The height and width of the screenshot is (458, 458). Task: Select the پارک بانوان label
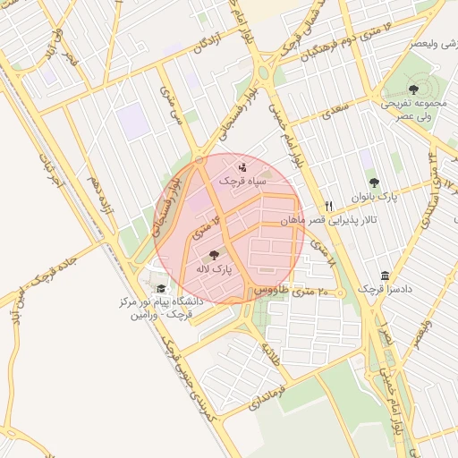coord(375,195)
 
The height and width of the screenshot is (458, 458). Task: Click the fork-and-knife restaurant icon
coord(329,206)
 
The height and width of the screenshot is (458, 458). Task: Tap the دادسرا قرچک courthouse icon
coord(385,276)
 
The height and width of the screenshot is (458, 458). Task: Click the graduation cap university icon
coord(161,288)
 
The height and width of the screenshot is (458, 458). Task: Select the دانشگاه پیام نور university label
coord(161,309)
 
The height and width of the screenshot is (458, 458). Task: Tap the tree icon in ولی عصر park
coord(413,89)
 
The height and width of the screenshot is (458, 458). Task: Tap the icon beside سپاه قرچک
coord(243,166)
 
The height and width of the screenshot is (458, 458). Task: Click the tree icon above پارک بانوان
coord(374,182)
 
